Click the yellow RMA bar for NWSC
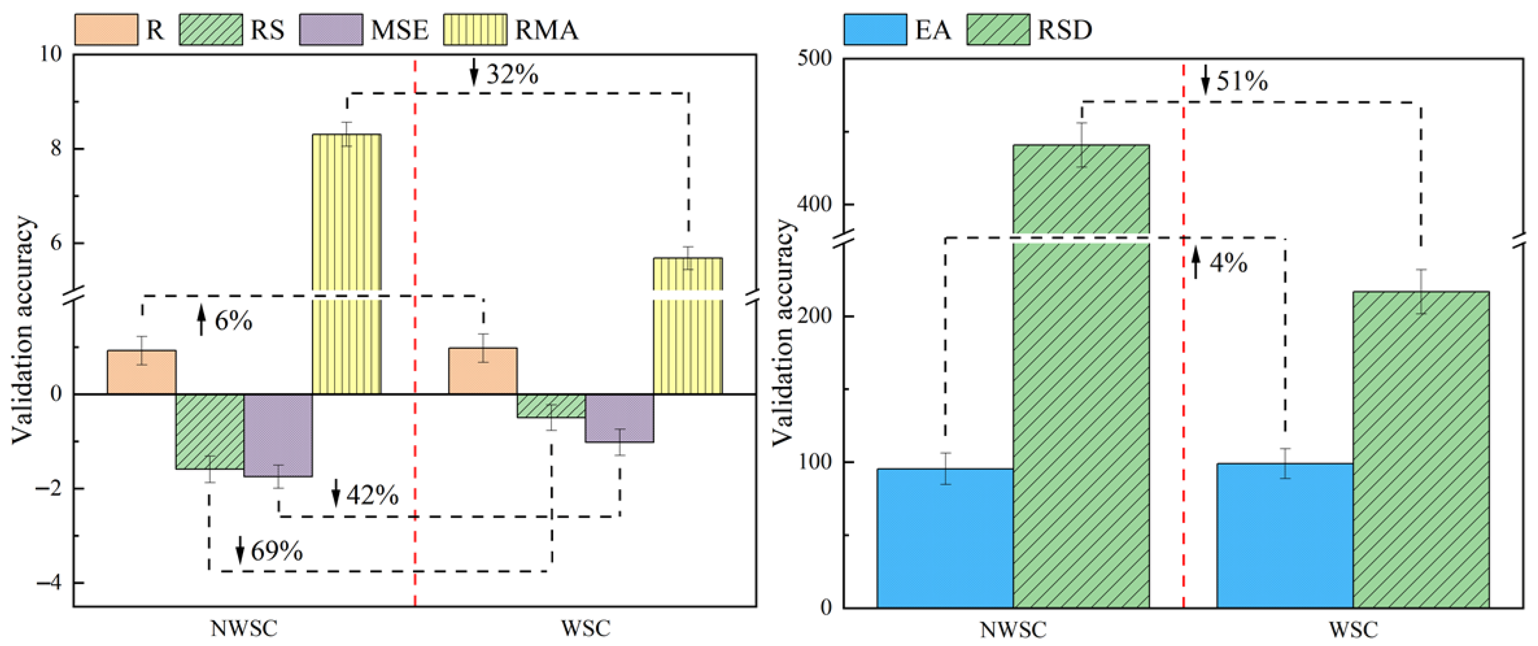click(347, 263)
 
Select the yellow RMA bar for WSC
click(688, 334)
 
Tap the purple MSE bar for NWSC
click(278, 435)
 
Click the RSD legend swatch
click(998, 30)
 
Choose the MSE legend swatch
click(331, 30)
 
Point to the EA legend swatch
click(875, 30)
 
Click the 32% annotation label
click(512, 75)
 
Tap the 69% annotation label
click(276, 551)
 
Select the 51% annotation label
click(1242, 81)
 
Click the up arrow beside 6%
click(201, 320)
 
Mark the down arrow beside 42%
click(336, 493)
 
